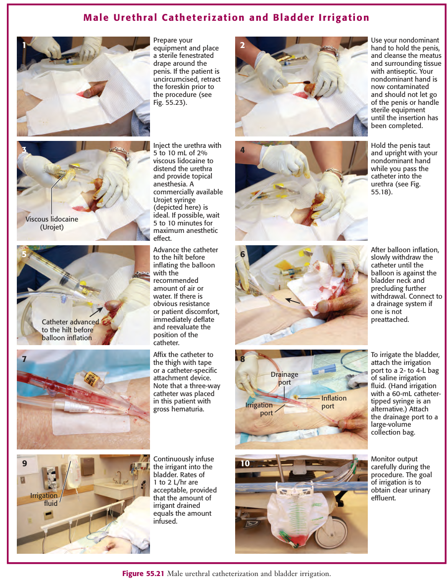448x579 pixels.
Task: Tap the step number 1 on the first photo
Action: pos(24,45)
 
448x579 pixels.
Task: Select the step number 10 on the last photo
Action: pos(245,463)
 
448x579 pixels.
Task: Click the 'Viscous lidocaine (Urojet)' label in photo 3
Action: pos(52,223)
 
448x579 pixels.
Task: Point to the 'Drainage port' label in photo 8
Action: pos(284,378)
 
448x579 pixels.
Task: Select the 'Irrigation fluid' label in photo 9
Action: pos(44,499)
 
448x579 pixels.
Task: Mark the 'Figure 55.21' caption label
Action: pos(144,574)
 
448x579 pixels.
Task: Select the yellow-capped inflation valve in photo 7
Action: pos(91,379)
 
